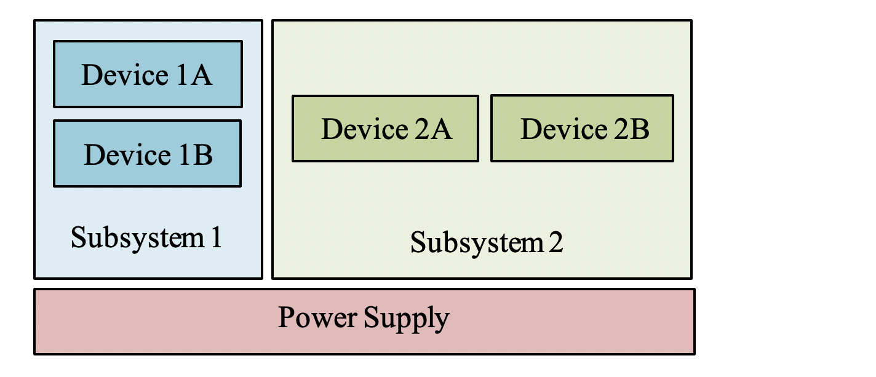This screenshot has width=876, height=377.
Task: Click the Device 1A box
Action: click(x=148, y=74)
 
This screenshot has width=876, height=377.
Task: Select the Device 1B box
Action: click(x=148, y=154)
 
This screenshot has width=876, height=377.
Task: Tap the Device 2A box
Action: click(x=385, y=129)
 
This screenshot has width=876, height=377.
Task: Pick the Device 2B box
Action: click(x=582, y=129)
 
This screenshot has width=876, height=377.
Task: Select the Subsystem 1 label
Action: click(x=146, y=237)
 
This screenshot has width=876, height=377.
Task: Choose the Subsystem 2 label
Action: click(x=486, y=242)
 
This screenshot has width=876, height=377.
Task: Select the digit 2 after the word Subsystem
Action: click(x=555, y=242)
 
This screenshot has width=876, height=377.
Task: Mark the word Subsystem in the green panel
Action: click(x=476, y=243)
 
